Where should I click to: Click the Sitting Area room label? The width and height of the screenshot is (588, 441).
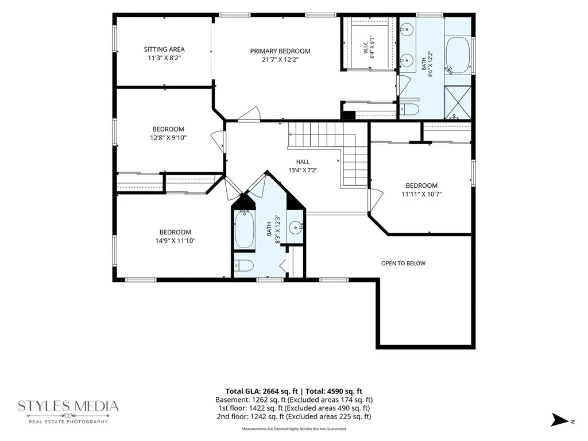[164, 49]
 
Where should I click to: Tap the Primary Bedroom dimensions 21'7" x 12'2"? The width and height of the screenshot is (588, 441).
[280, 59]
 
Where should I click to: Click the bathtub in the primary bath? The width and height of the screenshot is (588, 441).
[458, 55]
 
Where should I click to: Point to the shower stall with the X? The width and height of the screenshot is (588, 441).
[458, 103]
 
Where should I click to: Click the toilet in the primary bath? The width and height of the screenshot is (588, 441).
[409, 109]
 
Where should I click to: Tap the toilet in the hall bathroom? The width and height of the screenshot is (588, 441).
[243, 266]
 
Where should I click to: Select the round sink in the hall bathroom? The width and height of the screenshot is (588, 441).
[296, 227]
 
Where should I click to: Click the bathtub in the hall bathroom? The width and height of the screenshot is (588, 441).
[245, 230]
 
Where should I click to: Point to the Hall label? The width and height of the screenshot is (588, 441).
[303, 161]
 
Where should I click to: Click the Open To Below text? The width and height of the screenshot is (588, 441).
[404, 263]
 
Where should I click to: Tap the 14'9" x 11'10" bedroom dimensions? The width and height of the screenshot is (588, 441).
[176, 241]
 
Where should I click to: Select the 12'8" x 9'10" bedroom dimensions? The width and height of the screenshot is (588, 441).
[168, 138]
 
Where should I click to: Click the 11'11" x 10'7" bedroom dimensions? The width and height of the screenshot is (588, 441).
[422, 194]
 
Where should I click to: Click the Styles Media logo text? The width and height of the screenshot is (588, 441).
[68, 406]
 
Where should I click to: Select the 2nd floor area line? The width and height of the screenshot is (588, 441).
[294, 416]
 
